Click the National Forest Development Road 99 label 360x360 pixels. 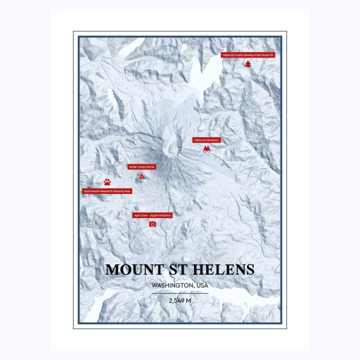pyautogui.click(x=247, y=54)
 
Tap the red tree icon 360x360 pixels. pyautogui.click(x=247, y=64)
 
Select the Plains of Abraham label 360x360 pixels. pyautogui.click(x=207, y=140)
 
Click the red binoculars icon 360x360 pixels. pyautogui.click(x=207, y=150)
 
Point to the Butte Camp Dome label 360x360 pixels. pyautogui.click(x=141, y=167)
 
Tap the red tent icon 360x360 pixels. pyautogui.click(x=142, y=176)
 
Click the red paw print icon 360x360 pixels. pyautogui.click(x=107, y=181)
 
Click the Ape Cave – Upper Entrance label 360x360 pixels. pyautogui.click(x=152, y=215)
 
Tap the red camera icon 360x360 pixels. pyautogui.click(x=152, y=224)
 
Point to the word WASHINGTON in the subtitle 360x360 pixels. pyautogui.click(x=169, y=285)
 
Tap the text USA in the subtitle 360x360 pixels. pyautogui.click(x=202, y=285)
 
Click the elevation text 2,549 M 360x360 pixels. pyautogui.click(x=180, y=300)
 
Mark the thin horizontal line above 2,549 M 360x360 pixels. pyautogui.click(x=180, y=293)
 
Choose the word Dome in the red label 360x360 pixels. pyautogui.click(x=150, y=167)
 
